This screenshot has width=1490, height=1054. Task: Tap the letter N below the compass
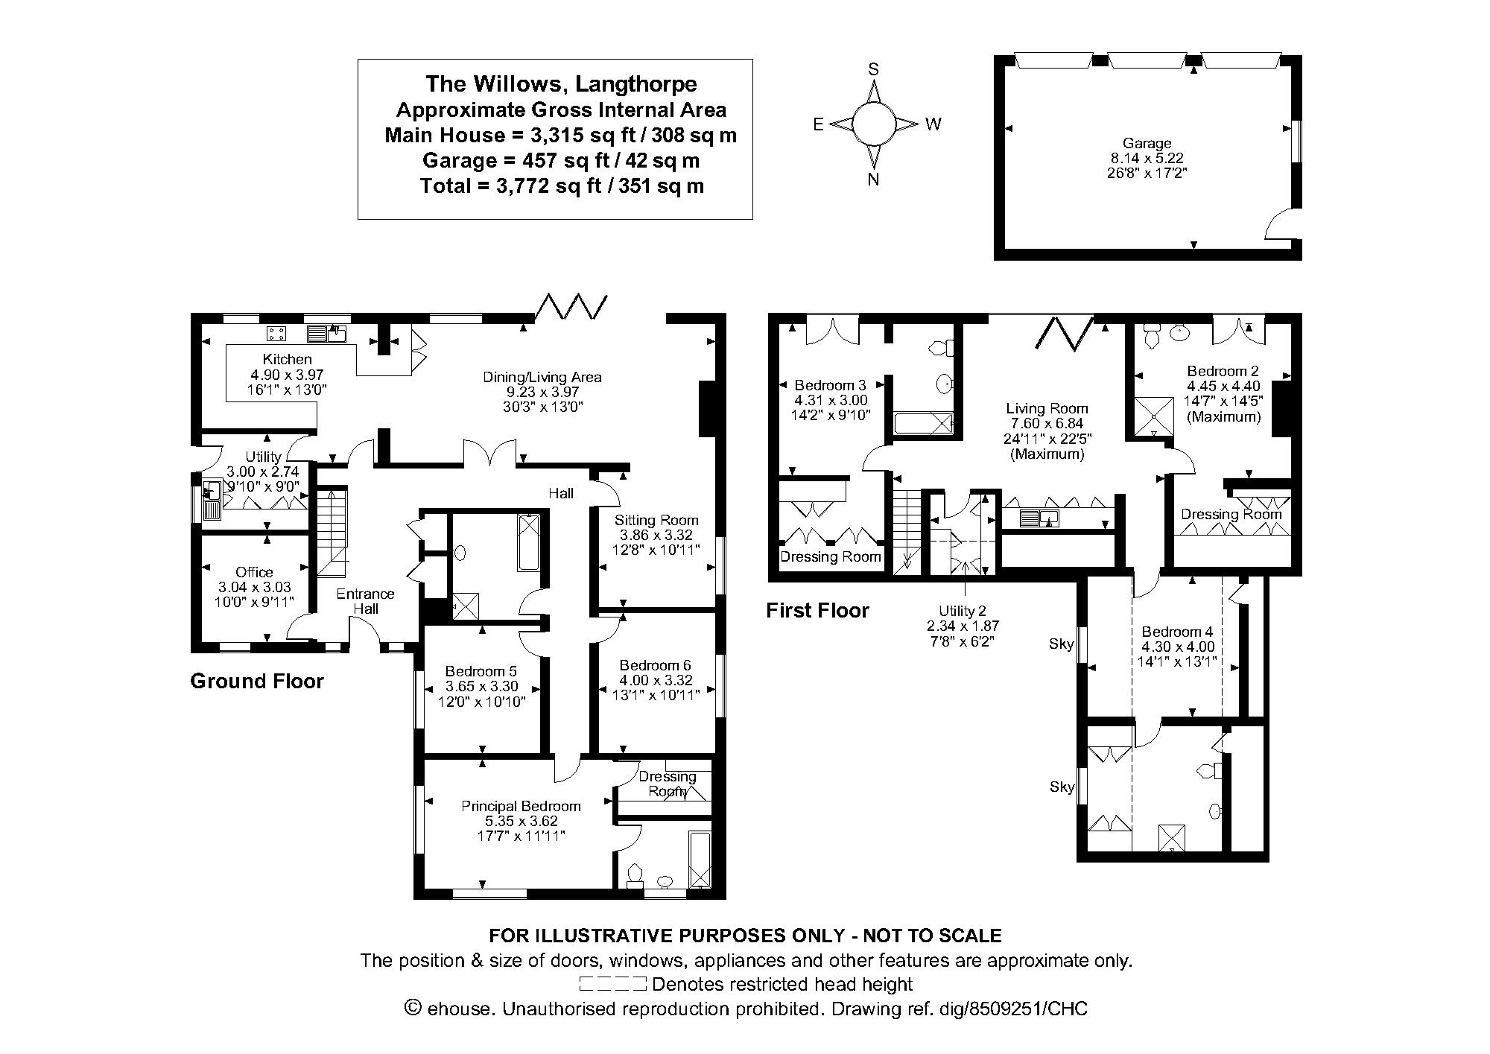[874, 180]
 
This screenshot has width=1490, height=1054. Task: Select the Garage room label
[1147, 143]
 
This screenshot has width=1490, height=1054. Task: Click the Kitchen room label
[287, 359]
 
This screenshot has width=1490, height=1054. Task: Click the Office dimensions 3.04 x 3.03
[254, 587]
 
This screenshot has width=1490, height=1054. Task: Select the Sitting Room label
[656, 520]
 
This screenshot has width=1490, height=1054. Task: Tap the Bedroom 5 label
[481, 670]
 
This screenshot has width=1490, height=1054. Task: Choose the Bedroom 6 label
[655, 664]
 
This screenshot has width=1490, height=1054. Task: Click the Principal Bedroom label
[520, 806]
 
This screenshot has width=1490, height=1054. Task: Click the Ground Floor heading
[257, 681]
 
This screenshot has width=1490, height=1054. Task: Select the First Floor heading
[817, 611]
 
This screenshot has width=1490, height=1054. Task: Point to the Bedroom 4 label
[1177, 632]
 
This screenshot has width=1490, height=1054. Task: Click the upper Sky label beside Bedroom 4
[1061, 644]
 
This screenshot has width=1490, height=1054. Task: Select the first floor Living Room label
[1047, 408]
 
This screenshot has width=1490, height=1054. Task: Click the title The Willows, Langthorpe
[561, 83]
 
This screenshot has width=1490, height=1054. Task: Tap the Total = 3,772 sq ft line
[561, 185]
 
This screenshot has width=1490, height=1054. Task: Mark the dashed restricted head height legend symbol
[612, 984]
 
